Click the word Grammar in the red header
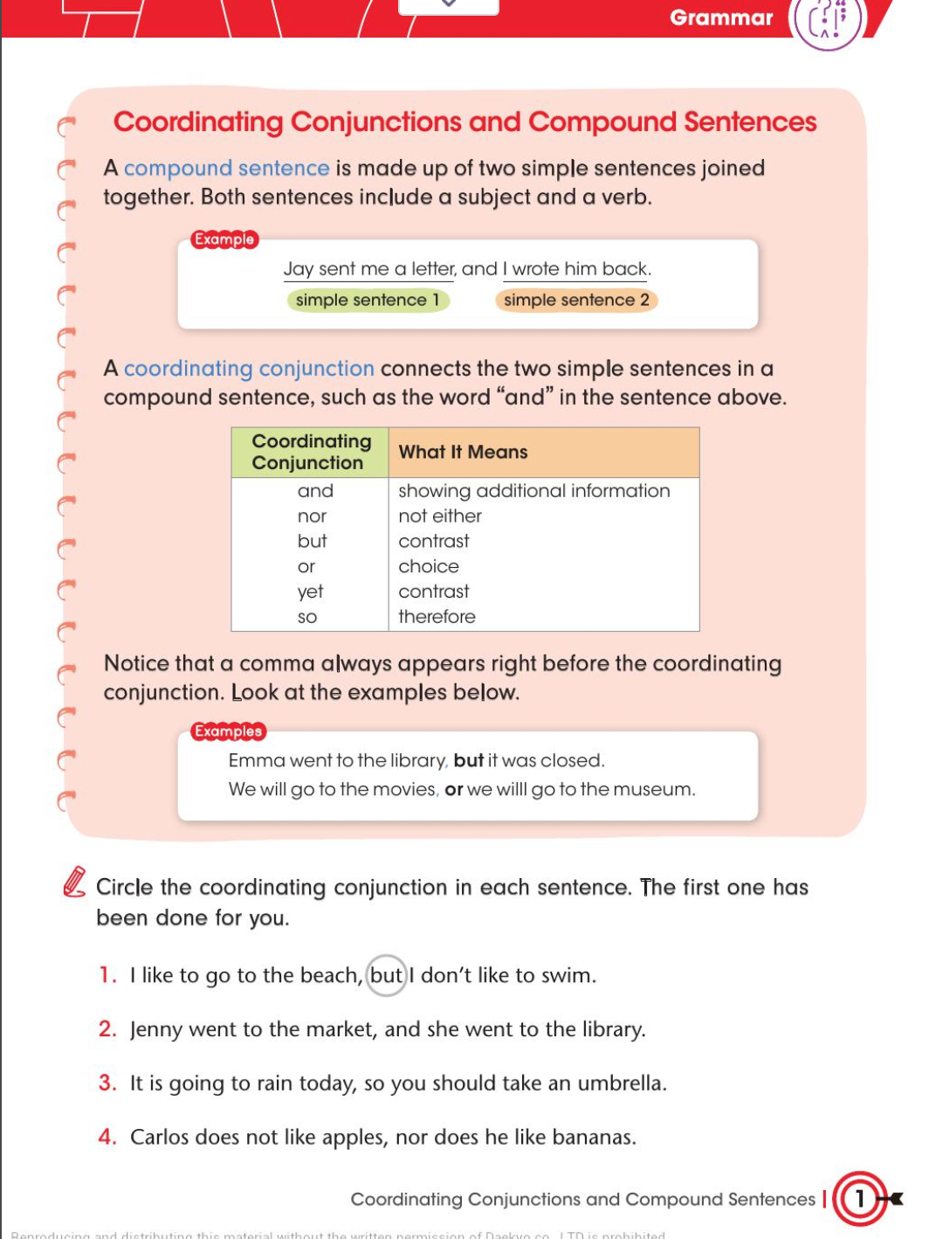pyautogui.click(x=720, y=17)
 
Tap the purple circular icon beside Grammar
pyautogui.click(x=828, y=21)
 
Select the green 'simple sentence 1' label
pyautogui.click(x=368, y=301)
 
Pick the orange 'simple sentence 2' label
pyautogui.click(x=576, y=301)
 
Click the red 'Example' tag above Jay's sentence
pyautogui.click(x=224, y=239)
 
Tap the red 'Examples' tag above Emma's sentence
pyautogui.click(x=228, y=731)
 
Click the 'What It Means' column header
pyautogui.click(x=463, y=452)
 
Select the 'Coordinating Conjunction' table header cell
pyautogui.click(x=311, y=452)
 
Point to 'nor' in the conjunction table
pyautogui.click(x=312, y=516)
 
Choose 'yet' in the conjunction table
pyautogui.click(x=310, y=592)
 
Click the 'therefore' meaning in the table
pyautogui.click(x=437, y=617)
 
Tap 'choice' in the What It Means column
pyautogui.click(x=429, y=566)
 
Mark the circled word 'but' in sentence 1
pyautogui.click(x=386, y=975)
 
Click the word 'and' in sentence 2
pyautogui.click(x=403, y=1029)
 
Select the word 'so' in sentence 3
pyautogui.click(x=374, y=1083)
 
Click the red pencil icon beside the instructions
pyautogui.click(x=75, y=882)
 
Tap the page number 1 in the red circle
pyautogui.click(x=859, y=1198)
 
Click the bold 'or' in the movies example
pyautogui.click(x=454, y=790)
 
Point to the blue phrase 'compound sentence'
pyautogui.click(x=226, y=168)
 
